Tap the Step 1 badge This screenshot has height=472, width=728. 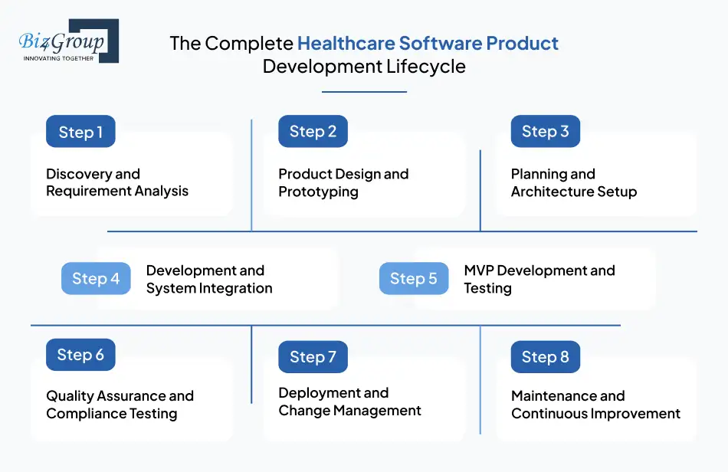click(80, 132)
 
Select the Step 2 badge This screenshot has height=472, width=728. click(313, 132)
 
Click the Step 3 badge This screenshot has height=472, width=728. click(545, 132)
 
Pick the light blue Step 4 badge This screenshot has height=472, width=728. click(96, 279)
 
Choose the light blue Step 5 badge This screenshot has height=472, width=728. click(414, 279)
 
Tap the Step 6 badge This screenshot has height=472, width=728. click(80, 355)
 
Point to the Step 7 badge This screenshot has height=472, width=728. click(313, 357)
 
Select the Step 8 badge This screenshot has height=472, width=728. click(545, 357)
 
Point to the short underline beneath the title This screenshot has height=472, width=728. click(364, 92)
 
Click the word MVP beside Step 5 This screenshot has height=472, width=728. click(479, 270)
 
